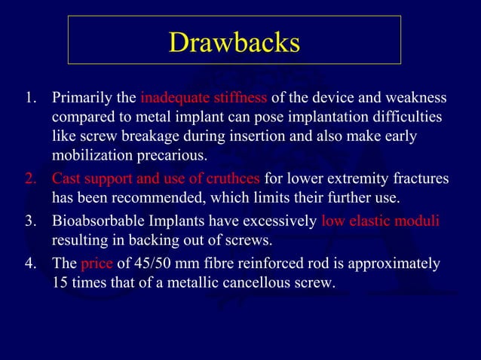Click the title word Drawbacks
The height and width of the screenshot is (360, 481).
click(234, 42)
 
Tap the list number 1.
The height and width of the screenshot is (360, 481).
click(30, 99)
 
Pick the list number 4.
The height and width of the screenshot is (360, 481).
click(30, 264)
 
